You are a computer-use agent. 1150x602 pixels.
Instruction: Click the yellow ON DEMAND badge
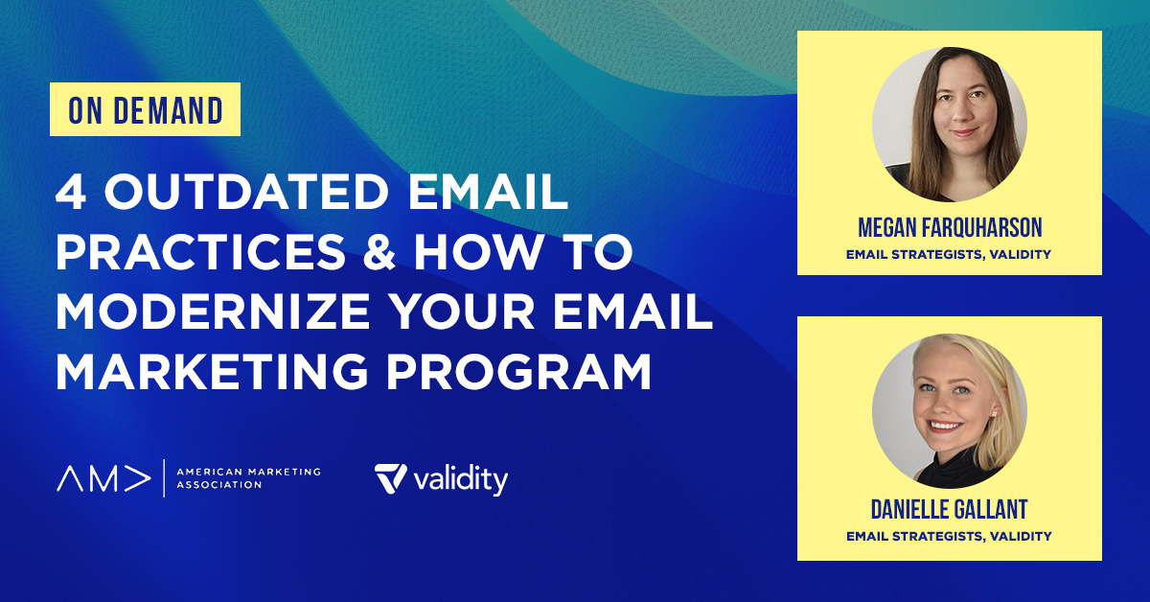pos(145,110)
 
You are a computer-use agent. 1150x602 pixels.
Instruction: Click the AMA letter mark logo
pos(103,478)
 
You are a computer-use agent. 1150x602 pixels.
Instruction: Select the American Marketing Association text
pos(248,478)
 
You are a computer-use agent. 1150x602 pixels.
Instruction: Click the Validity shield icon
pos(390,478)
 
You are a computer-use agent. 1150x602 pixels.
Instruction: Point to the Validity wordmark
pos(462,479)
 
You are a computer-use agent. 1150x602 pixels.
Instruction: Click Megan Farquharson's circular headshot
pos(949,126)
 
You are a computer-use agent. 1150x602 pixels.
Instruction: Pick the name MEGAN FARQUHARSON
pos(949,229)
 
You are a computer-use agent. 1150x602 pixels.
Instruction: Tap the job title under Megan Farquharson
pos(949,255)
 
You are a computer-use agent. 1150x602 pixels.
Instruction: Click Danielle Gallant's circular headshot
pos(949,411)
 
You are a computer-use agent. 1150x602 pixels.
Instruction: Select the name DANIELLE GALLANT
pos(949,510)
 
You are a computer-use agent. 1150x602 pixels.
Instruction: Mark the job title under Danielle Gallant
pos(949,536)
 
